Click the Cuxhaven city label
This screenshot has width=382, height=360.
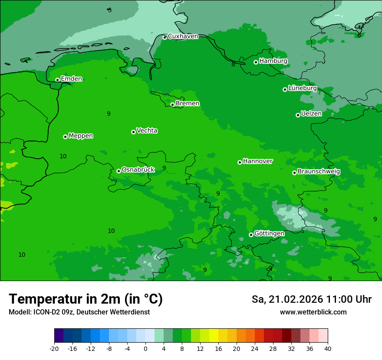pyautogui.click(x=183, y=36)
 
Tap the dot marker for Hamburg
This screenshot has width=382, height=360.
pyautogui.click(x=256, y=62)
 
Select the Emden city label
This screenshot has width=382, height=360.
pyautogui.click(x=71, y=79)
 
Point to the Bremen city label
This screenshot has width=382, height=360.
pyautogui.click(x=187, y=104)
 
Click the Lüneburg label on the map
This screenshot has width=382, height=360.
pyautogui.click(x=302, y=88)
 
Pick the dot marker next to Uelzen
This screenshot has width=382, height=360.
pyautogui.click(x=298, y=115)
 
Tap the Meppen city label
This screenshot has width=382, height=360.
pyautogui.click(x=81, y=136)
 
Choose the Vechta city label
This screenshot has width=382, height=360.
pyautogui.click(x=147, y=131)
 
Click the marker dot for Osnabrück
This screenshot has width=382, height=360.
pyautogui.click(x=119, y=171)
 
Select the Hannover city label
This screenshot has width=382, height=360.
pyautogui.click(x=257, y=161)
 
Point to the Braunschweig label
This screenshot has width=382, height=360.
pyautogui.click(x=319, y=172)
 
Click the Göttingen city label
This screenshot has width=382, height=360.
pyautogui.click(x=269, y=233)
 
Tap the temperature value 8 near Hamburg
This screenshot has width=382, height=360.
pyautogui.click(x=233, y=65)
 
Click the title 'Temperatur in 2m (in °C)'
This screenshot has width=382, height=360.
pyautogui.click(x=86, y=299)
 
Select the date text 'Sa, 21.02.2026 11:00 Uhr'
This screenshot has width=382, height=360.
pyautogui.click(x=311, y=299)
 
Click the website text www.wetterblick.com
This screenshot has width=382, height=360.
pyautogui.click(x=313, y=312)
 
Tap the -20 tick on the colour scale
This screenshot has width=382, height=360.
pyautogui.click(x=54, y=348)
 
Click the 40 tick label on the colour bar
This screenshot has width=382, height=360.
pyautogui.click(x=328, y=348)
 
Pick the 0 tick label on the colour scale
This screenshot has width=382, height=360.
pyautogui.click(x=145, y=348)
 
